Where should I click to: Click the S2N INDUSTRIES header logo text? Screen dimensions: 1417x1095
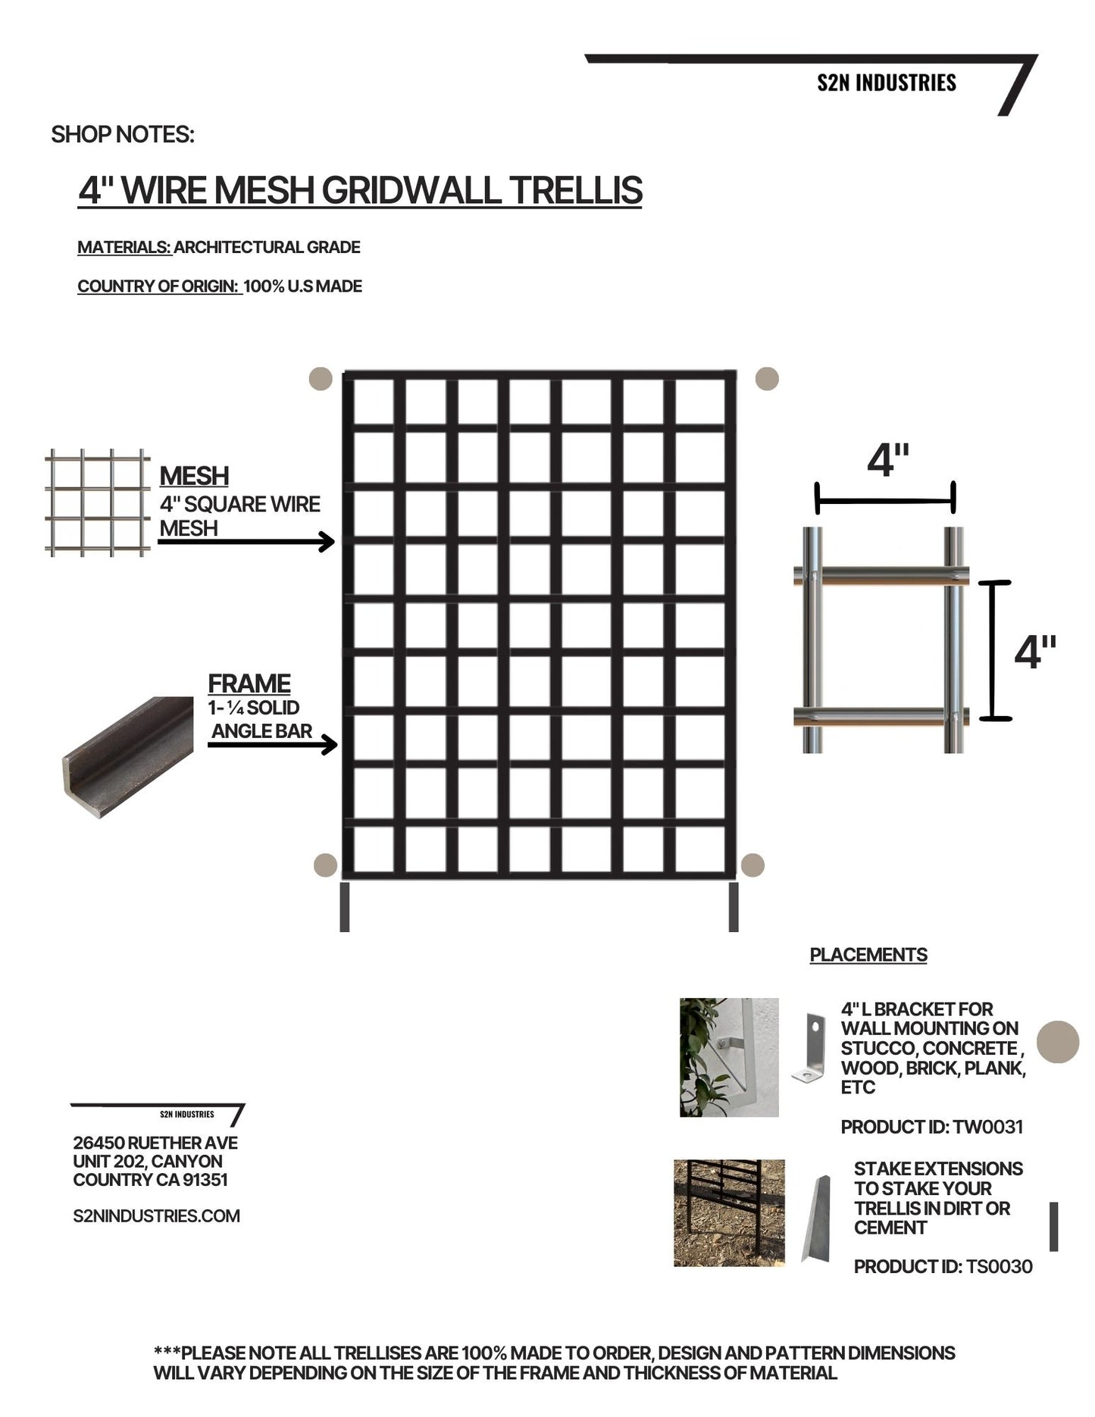(x=886, y=83)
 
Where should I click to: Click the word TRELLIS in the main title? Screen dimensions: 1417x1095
(x=575, y=190)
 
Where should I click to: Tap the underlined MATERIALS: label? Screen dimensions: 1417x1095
(x=125, y=247)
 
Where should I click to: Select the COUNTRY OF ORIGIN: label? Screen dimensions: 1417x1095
(x=158, y=286)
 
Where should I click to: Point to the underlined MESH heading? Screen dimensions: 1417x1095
(x=194, y=476)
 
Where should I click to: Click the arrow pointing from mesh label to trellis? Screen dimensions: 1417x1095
(x=246, y=542)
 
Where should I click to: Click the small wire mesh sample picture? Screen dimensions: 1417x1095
(x=97, y=502)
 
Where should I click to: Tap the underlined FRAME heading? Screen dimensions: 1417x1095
(x=249, y=683)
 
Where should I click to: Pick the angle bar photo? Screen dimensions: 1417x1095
(x=127, y=755)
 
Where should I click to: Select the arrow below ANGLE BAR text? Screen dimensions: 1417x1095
(x=273, y=745)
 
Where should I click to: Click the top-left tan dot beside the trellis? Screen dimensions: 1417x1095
(x=321, y=379)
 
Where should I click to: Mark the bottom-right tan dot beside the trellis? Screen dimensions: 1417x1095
(x=752, y=865)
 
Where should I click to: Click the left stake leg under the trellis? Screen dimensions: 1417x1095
(x=345, y=907)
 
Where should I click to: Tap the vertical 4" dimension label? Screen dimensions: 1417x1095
(x=1034, y=652)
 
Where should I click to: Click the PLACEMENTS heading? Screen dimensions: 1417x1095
(x=868, y=955)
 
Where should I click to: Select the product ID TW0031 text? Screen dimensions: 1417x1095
(x=931, y=1127)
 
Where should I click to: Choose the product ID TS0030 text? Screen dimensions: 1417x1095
(x=943, y=1266)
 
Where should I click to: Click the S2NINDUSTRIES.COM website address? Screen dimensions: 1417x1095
(x=156, y=1215)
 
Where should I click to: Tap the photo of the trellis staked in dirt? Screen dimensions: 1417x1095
(x=729, y=1212)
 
